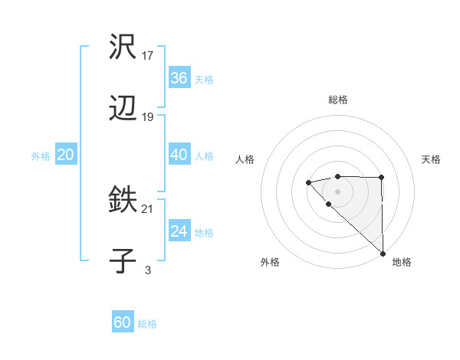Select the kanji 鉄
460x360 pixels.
click(123, 201)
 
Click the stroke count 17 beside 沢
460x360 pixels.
click(148, 56)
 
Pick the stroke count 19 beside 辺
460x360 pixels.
click(148, 117)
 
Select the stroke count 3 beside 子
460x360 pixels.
click(148, 270)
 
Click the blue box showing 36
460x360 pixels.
click(179, 78)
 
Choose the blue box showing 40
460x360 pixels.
click(179, 155)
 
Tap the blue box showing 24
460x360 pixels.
click(179, 231)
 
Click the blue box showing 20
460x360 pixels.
click(65, 155)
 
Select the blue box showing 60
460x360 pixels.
click(123, 322)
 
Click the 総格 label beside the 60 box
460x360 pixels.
click(147, 324)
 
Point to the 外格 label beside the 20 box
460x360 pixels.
click(41, 156)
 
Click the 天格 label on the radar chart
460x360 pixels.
click(431, 159)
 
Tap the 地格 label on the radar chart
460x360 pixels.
click(402, 262)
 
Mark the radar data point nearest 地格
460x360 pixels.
click(383, 254)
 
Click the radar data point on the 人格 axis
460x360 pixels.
click(307, 182)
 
